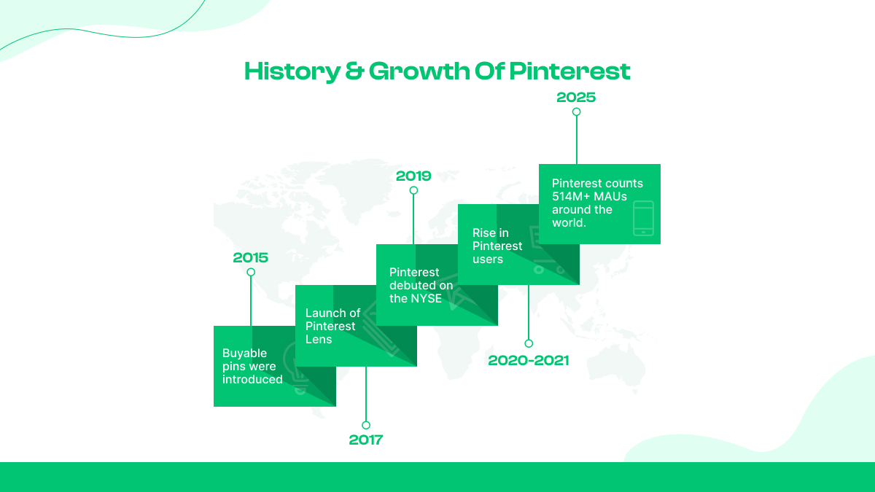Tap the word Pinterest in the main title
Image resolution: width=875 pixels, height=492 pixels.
(x=569, y=71)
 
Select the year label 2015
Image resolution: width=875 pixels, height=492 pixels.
(x=250, y=257)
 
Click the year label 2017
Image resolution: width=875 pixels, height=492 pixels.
(x=365, y=440)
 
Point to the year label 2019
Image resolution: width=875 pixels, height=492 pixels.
(x=413, y=176)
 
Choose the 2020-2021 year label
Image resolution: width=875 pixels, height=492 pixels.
(x=528, y=360)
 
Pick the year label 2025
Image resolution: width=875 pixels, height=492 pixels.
(x=576, y=97)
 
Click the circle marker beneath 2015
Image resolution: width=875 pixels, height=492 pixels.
(x=251, y=272)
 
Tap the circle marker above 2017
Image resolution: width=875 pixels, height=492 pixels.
(x=366, y=425)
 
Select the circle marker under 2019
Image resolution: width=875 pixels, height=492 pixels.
(x=413, y=190)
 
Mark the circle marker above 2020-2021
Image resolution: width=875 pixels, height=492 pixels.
(x=529, y=343)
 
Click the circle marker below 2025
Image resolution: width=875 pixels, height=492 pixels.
(x=576, y=112)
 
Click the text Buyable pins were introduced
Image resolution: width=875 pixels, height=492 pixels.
(x=252, y=366)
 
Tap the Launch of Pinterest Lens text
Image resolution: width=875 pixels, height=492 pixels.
(x=332, y=326)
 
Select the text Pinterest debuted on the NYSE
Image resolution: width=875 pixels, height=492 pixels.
(x=421, y=285)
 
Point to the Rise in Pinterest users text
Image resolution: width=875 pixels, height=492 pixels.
(x=497, y=246)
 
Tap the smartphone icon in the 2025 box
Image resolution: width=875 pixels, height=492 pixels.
(x=642, y=218)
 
